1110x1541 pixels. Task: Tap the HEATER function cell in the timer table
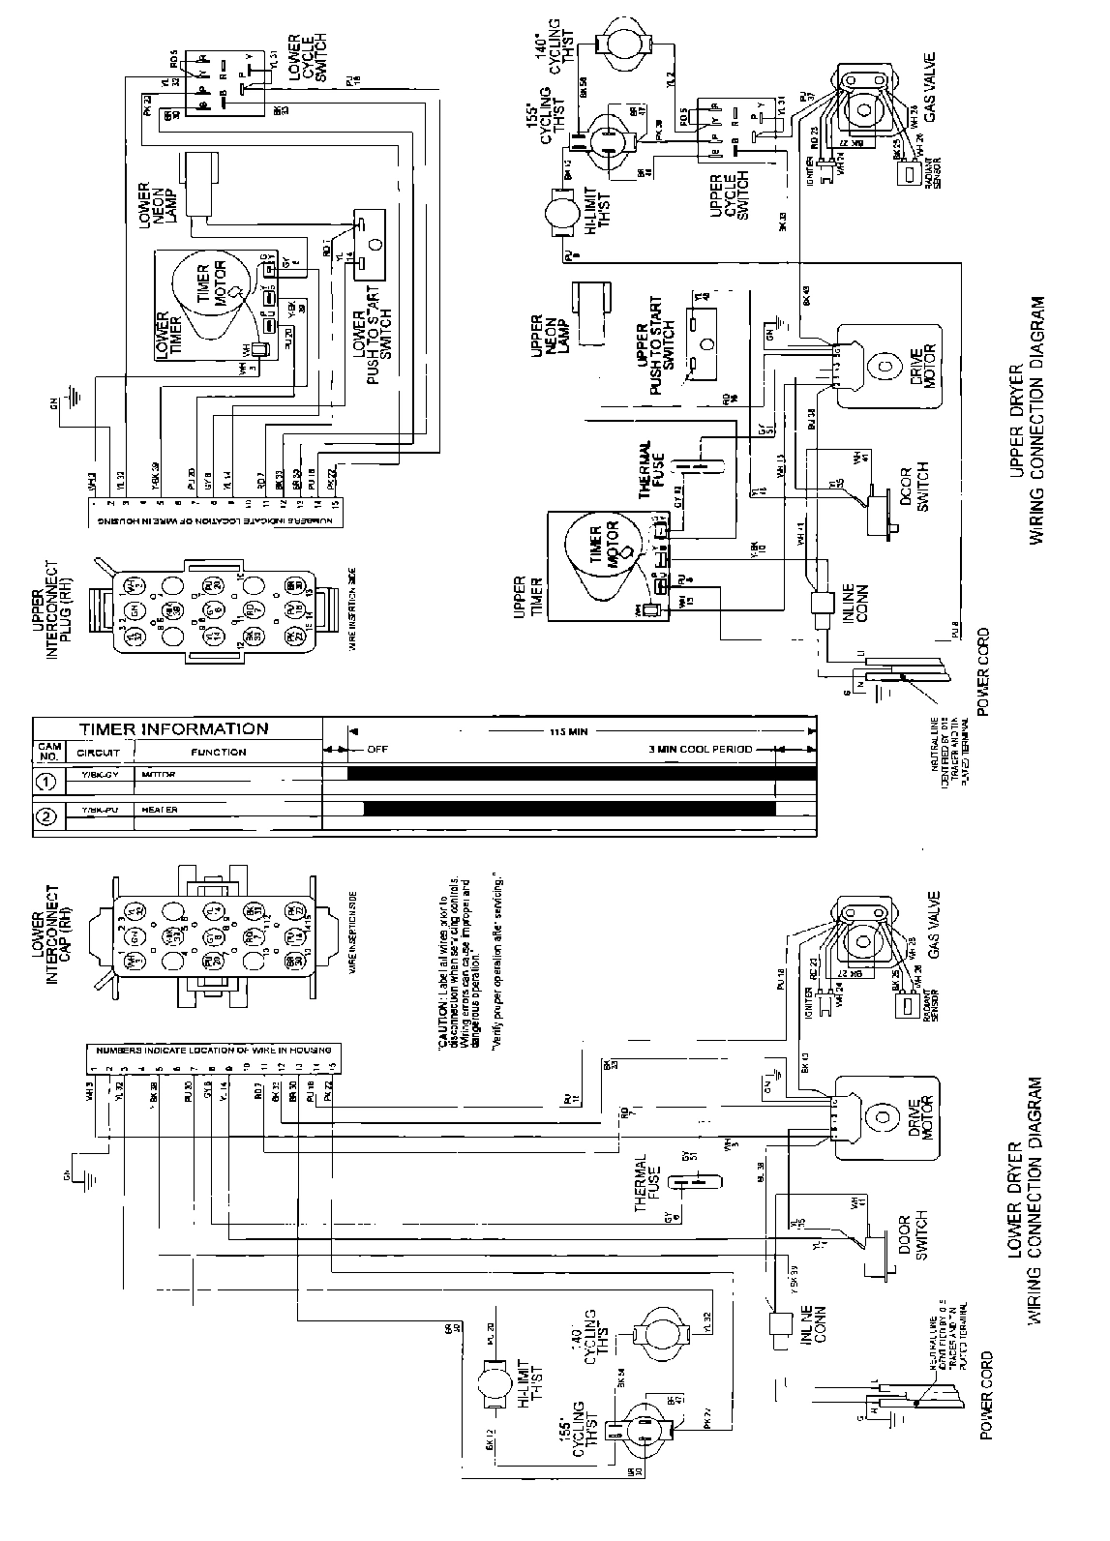click(160, 810)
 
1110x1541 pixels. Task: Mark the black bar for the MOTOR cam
click(581, 774)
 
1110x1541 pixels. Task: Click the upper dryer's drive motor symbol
click(885, 368)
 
